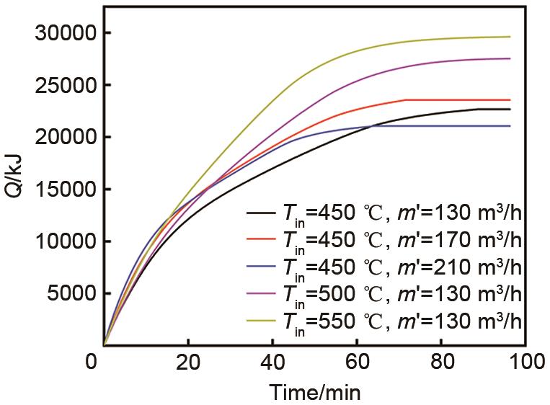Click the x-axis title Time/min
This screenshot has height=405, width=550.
315,393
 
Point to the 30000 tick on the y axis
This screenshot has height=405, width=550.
63,34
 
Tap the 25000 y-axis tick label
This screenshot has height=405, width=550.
63,86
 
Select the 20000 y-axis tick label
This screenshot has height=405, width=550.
63,138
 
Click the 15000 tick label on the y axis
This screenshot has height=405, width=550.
63,190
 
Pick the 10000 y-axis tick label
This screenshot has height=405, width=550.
63,241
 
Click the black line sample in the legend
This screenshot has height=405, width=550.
260,214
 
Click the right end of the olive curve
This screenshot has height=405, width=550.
510,37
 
